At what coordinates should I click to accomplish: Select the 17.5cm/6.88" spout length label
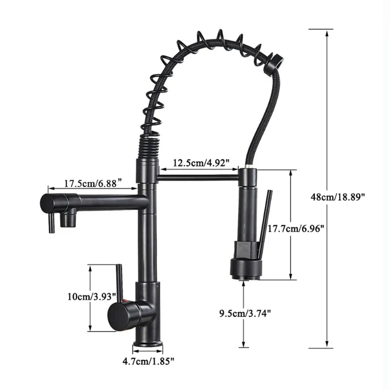(93, 184)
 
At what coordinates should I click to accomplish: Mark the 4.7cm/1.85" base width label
(148, 361)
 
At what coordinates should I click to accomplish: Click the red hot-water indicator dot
(125, 304)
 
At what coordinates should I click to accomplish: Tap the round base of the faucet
(148, 344)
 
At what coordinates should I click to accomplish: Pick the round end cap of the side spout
(48, 202)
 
